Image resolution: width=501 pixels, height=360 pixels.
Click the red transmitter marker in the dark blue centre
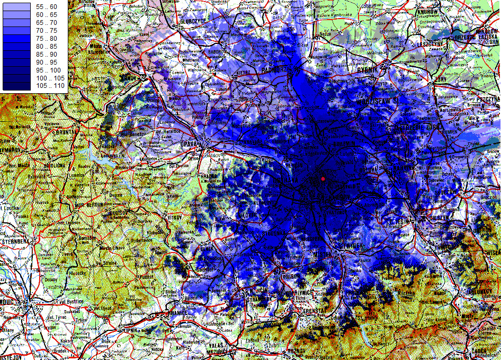[323, 179]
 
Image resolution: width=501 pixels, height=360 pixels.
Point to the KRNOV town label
[128, 78]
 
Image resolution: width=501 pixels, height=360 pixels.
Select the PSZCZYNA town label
[486, 99]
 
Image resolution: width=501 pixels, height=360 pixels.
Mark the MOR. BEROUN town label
[87, 204]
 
